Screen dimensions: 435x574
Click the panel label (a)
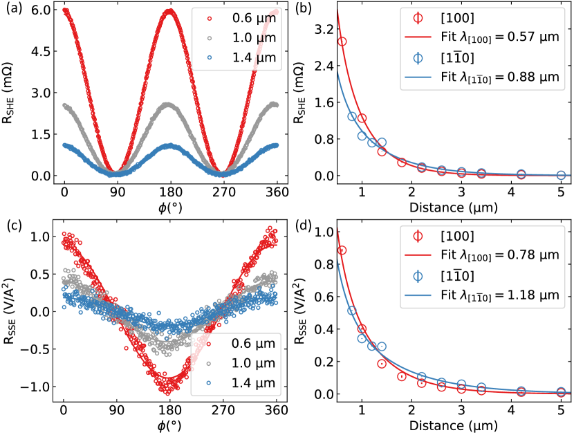coord(12,9)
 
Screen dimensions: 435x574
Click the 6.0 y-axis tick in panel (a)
coord(37,11)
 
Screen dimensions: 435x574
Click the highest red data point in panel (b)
coord(342,41)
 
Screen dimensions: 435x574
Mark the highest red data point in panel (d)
coord(342,250)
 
